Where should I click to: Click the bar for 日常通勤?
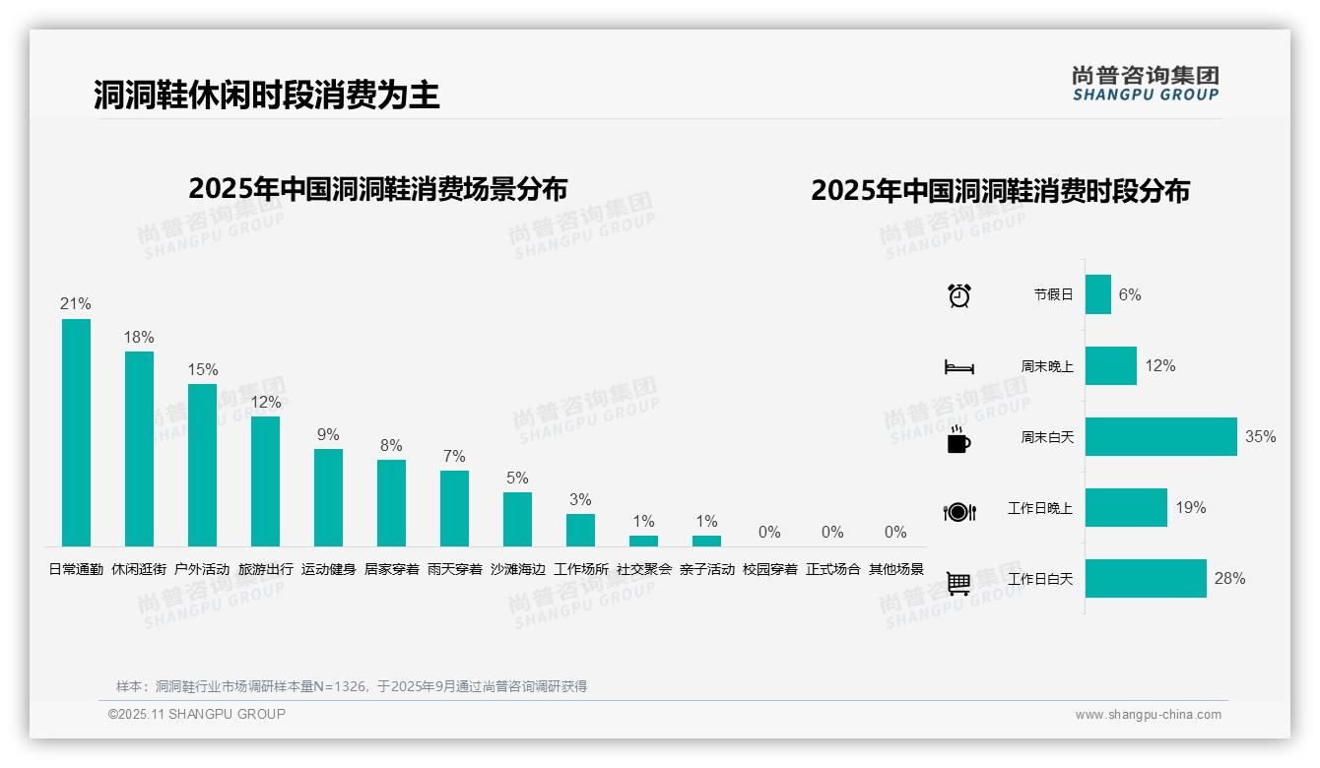coord(76,432)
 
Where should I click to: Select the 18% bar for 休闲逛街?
coord(139,449)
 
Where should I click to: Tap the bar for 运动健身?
coord(328,497)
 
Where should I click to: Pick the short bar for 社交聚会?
coord(643,541)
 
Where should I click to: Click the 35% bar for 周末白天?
coord(1160,437)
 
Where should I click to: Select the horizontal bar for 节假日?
coord(1097,294)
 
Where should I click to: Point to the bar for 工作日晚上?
coord(1126,508)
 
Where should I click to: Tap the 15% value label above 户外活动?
coord(202,370)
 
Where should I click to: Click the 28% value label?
coord(1229,579)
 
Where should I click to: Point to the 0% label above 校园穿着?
coord(769,533)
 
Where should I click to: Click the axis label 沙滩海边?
coord(517,569)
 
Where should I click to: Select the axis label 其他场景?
coord(895,569)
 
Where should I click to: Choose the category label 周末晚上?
coord(1046,366)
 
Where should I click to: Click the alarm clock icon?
coord(959,295)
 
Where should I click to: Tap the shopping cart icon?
coord(958,583)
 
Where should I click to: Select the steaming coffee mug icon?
coord(958,439)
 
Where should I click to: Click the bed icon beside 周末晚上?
coord(958,367)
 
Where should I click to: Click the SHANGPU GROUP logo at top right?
coord(1145,83)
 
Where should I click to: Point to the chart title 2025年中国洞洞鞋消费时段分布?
coord(1000,191)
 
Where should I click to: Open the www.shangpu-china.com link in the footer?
coord(1148,715)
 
